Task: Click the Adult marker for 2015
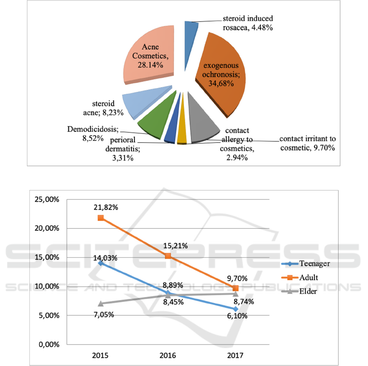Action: pos(100,218)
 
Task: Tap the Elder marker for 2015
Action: pos(100,304)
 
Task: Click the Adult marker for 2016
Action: pos(168,256)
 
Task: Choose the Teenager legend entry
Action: pos(310,263)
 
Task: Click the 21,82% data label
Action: pos(106,207)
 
